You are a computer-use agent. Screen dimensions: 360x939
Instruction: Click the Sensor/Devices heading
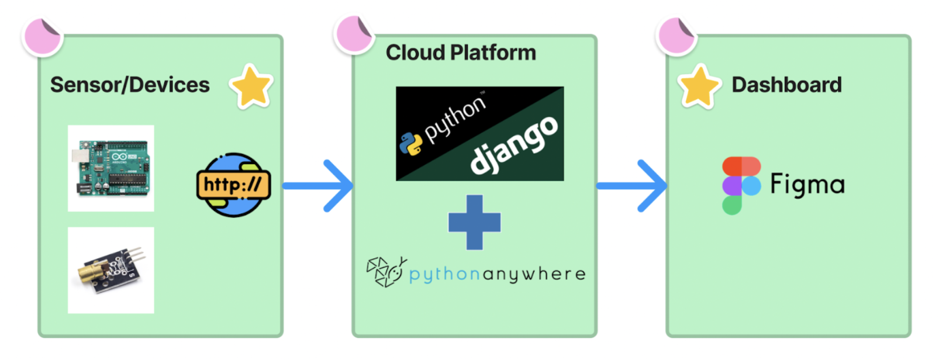click(x=130, y=85)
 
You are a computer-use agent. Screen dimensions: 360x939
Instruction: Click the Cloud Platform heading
click(x=461, y=53)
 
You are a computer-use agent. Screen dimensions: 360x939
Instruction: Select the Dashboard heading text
click(x=786, y=85)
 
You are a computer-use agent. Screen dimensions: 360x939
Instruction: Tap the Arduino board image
click(x=111, y=168)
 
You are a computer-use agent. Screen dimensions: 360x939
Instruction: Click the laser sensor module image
click(x=111, y=271)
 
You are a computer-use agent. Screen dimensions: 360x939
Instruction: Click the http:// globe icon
click(x=233, y=185)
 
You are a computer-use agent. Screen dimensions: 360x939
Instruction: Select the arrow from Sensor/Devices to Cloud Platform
click(x=319, y=186)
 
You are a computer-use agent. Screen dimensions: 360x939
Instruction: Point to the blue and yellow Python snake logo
click(x=411, y=144)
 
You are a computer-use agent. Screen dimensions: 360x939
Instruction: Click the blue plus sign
click(x=474, y=223)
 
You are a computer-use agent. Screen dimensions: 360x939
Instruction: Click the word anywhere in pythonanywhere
click(x=534, y=274)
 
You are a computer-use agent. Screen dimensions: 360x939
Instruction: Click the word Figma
click(x=807, y=185)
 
